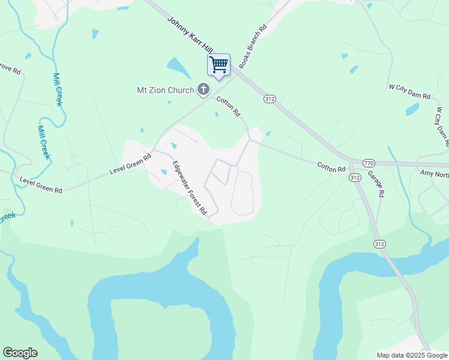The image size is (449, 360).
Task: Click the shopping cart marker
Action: point(218,65)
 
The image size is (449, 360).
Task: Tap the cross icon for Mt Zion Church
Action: point(203,90)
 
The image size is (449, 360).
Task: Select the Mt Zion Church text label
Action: point(166,91)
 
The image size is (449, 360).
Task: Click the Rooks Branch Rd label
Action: point(252,46)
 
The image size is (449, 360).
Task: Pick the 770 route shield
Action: point(369,163)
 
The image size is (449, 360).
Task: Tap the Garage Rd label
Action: point(376,186)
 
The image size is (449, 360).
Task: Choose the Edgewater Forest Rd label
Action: point(189,188)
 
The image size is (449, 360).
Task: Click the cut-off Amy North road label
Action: point(434,174)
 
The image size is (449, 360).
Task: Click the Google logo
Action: point(20,353)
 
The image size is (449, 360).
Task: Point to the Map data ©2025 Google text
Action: point(411,355)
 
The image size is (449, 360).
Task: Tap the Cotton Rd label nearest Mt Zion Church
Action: point(228,106)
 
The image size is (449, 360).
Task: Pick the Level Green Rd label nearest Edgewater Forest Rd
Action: point(130,163)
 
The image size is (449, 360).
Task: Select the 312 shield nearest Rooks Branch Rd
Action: point(269,98)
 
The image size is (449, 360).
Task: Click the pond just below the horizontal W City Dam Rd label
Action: point(412,109)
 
